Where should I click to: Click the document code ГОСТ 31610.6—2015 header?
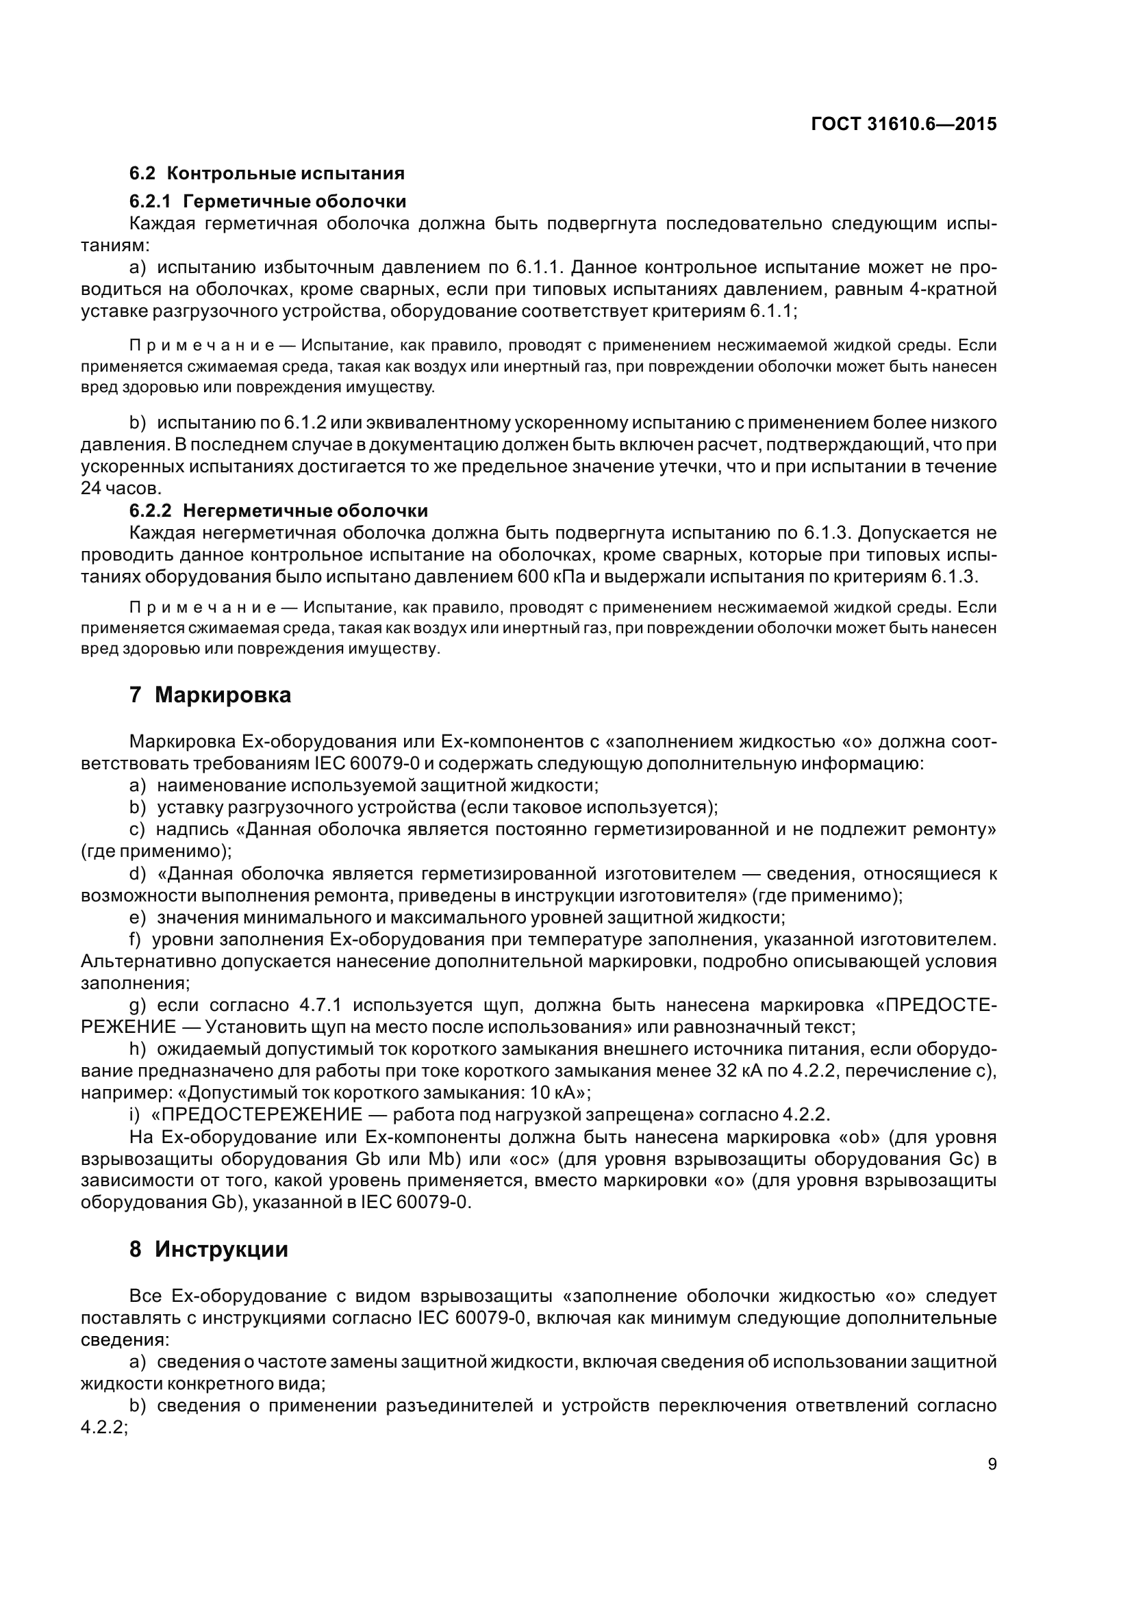[x=903, y=124]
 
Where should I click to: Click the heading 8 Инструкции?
[x=209, y=1249]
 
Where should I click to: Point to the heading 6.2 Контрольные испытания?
[x=266, y=173]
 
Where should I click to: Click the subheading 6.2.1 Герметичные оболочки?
[x=267, y=201]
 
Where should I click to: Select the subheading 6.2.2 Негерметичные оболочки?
[x=278, y=511]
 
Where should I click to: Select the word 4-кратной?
[x=953, y=289]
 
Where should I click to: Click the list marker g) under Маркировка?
[x=138, y=1005]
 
